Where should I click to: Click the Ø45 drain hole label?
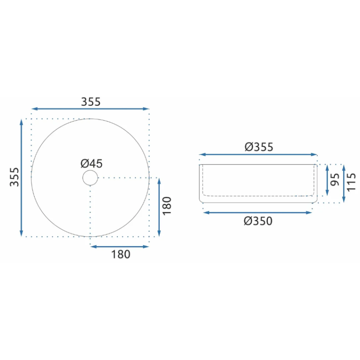[91, 164]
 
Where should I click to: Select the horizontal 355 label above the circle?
[91, 102]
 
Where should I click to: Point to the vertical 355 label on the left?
[14, 177]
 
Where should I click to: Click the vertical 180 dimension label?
[167, 206]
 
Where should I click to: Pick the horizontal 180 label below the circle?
[121, 254]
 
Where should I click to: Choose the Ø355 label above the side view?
[259, 147]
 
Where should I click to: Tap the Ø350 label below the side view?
[258, 221]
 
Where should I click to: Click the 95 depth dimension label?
[335, 180]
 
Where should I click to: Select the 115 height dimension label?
[351, 182]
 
